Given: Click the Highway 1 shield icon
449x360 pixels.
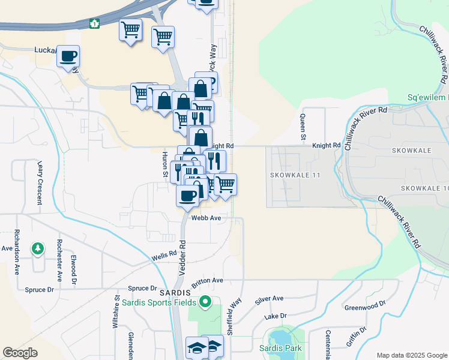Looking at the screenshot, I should pyautogui.click(x=94, y=24).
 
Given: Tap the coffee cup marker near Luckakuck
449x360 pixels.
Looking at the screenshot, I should pyautogui.click(x=68, y=56).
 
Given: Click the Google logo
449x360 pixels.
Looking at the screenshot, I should pyautogui.click(x=20, y=353).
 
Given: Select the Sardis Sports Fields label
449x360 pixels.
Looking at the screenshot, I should pyautogui.click(x=160, y=302).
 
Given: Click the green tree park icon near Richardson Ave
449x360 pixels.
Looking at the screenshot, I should pyautogui.click(x=38, y=248).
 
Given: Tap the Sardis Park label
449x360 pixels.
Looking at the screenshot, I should pyautogui.click(x=283, y=348).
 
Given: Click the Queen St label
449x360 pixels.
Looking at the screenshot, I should pyautogui.click(x=303, y=127).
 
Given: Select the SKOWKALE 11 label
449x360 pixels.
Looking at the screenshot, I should pyautogui.click(x=295, y=175).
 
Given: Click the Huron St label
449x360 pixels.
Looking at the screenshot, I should pyautogui.click(x=164, y=163).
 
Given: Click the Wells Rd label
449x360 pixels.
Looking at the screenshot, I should pyautogui.click(x=164, y=255).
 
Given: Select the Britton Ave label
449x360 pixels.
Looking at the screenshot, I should pyautogui.click(x=207, y=281).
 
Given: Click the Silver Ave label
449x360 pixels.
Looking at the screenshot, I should pyautogui.click(x=269, y=298).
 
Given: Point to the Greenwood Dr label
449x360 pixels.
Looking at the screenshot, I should pyautogui.click(x=366, y=307).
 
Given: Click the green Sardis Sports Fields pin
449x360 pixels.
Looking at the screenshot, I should pyautogui.click(x=205, y=301).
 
